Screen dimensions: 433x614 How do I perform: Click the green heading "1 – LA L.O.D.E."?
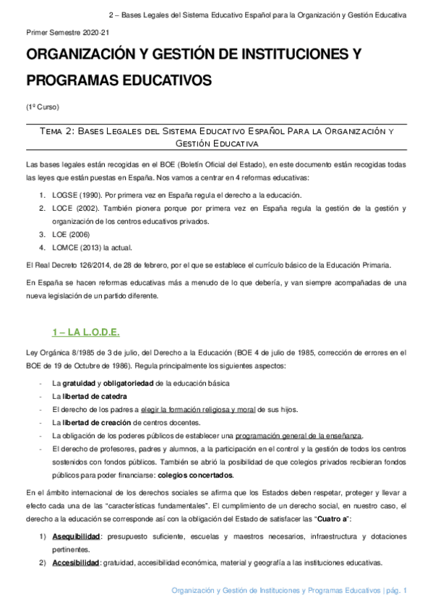coord(86,332)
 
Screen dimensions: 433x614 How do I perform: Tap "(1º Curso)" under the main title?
coord(38,106)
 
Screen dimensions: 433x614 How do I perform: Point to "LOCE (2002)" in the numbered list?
coord(74,209)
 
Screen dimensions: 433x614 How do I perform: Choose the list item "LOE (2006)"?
coord(69,235)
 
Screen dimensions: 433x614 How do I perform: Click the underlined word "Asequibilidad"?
coord(75,536)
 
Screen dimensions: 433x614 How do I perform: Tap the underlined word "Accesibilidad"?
coord(75,563)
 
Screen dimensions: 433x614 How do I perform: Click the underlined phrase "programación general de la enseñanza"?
coord(299,435)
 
